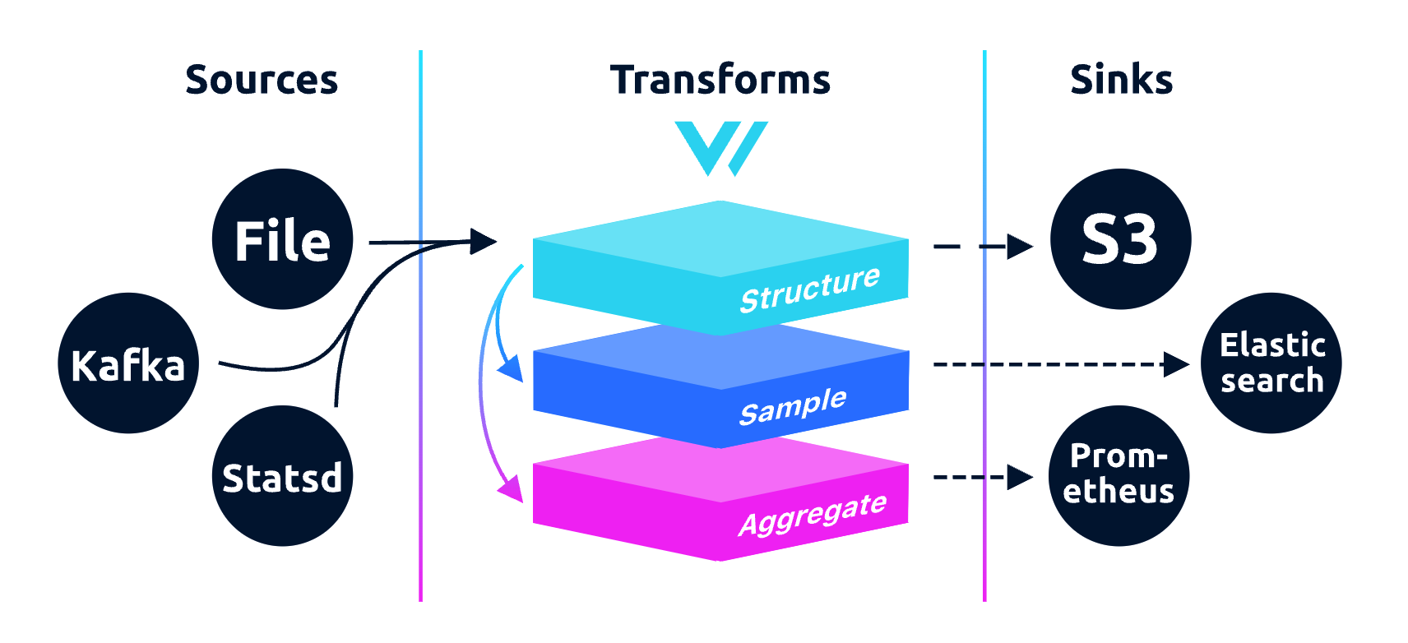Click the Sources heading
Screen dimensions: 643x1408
(x=262, y=81)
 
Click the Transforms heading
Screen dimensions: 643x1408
(x=720, y=81)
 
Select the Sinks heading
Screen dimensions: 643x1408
(x=1121, y=81)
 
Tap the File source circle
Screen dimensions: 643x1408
(x=282, y=240)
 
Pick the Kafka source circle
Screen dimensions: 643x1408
(x=128, y=363)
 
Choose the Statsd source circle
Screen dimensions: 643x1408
(x=282, y=476)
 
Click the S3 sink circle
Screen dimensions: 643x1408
(x=1120, y=239)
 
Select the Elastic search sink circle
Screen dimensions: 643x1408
(x=1271, y=363)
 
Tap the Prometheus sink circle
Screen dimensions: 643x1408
(x=1119, y=475)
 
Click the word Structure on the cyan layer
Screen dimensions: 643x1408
(x=809, y=289)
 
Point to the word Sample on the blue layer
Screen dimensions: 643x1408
(x=792, y=405)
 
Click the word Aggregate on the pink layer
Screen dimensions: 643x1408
(x=812, y=514)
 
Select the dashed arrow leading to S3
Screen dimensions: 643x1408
(x=982, y=246)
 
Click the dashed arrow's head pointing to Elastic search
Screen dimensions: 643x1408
(x=1177, y=363)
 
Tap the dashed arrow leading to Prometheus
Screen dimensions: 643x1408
(x=982, y=477)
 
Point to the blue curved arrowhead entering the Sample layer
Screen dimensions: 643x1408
(x=512, y=369)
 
